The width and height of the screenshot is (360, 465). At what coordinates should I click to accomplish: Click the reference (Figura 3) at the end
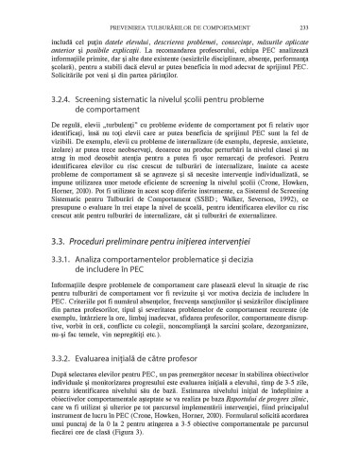pyautogui.click(x=132, y=447)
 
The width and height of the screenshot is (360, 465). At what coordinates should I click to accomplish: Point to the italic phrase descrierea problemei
pyautogui.click(x=192, y=30)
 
